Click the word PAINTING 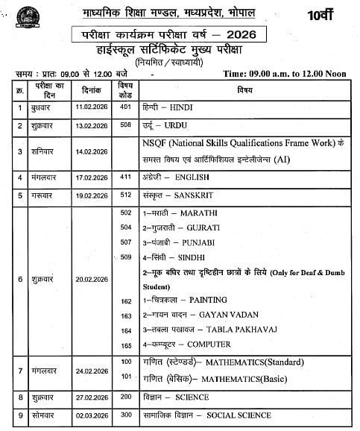(208, 300)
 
